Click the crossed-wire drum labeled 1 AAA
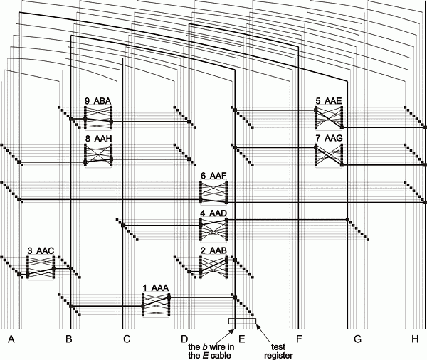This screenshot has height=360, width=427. tap(156, 305)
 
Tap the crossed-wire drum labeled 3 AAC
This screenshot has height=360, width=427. tap(41, 267)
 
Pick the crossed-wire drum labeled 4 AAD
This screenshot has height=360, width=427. tap(213, 229)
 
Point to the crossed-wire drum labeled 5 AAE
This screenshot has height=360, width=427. tap(330, 118)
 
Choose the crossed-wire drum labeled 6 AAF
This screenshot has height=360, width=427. tap(213, 192)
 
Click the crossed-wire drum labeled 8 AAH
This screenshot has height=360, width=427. tap(98, 154)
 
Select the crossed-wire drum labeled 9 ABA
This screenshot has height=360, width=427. tap(98, 117)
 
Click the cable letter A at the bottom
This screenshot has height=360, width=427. tap(11, 339)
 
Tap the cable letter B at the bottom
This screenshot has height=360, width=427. tap(68, 339)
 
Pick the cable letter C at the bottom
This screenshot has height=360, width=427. tap(127, 339)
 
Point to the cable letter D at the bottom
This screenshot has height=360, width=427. tap(184, 339)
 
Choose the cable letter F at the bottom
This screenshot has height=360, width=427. tap(299, 339)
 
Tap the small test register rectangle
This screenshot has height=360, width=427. tap(241, 322)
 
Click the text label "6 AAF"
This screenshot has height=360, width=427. tap(213, 176)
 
